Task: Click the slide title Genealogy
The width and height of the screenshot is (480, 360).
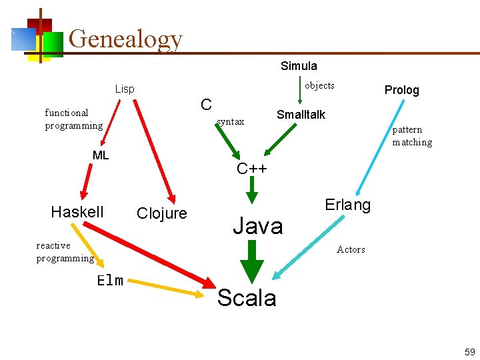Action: [x=125, y=39]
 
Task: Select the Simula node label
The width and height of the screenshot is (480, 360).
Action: [x=299, y=66]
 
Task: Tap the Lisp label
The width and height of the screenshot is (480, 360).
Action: [x=125, y=89]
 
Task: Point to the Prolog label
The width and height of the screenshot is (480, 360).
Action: [x=401, y=90]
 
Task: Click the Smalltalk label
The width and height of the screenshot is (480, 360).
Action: [x=301, y=115]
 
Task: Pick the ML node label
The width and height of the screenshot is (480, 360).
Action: [x=101, y=155]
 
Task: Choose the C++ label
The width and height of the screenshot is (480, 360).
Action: [x=252, y=169]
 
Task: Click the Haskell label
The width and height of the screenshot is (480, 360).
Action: [x=77, y=212]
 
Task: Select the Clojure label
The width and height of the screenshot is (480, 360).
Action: [x=161, y=213]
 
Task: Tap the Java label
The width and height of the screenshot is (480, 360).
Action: [x=257, y=226]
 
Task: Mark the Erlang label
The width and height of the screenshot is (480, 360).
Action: [x=347, y=205]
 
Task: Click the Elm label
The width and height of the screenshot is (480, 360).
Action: [x=110, y=280]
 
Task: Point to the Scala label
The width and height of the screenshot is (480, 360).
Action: [x=247, y=298]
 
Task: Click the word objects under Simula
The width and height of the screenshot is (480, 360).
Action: [x=319, y=85]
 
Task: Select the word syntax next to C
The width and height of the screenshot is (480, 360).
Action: [x=231, y=121]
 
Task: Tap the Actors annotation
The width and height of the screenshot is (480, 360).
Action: [x=351, y=249]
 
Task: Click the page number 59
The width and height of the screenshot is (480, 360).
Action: [x=469, y=351]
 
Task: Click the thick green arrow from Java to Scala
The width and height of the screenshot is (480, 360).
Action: [x=252, y=261]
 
